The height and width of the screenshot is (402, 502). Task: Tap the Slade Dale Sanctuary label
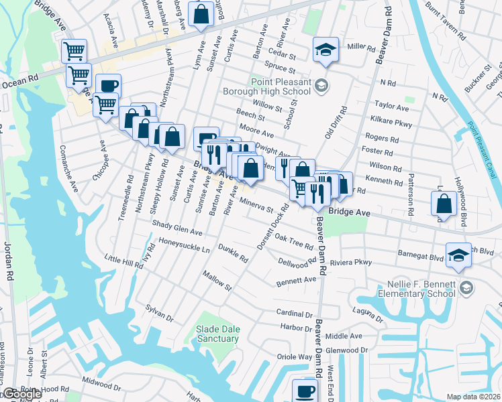[217, 334]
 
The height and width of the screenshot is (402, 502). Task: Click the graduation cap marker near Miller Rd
[325, 50]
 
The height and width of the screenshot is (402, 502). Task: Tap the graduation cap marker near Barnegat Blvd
[458, 255]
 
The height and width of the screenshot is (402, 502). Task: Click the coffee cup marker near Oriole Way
[305, 391]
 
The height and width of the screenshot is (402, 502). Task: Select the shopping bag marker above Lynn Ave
[201, 13]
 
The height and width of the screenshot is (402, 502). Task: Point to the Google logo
[21, 395]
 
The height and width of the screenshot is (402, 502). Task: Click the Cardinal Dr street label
[294, 313]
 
